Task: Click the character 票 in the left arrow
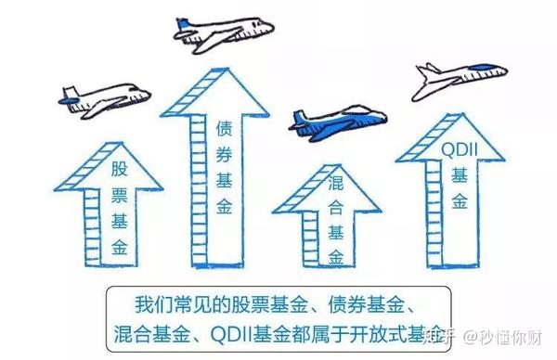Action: [121, 195]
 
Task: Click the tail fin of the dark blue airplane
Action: [299, 117]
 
